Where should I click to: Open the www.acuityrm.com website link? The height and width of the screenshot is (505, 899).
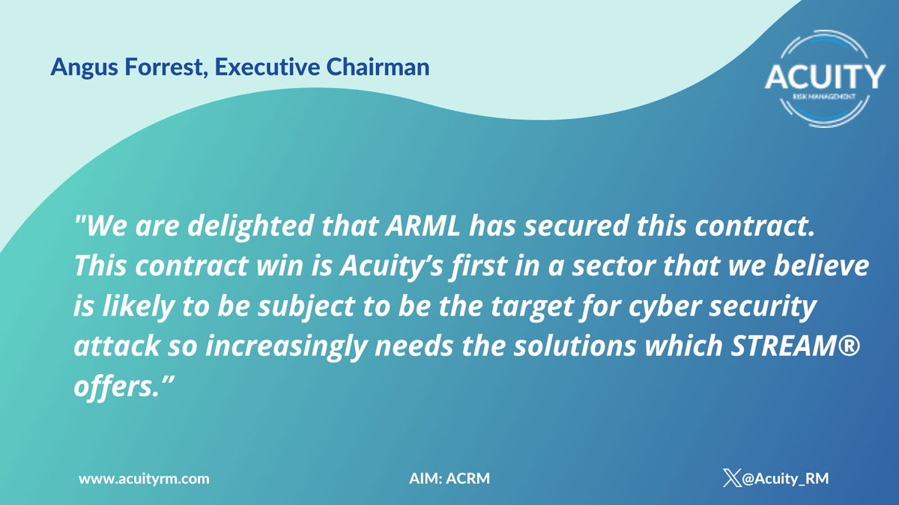pos(144,477)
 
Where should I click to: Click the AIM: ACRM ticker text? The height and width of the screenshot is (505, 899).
pos(445,477)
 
